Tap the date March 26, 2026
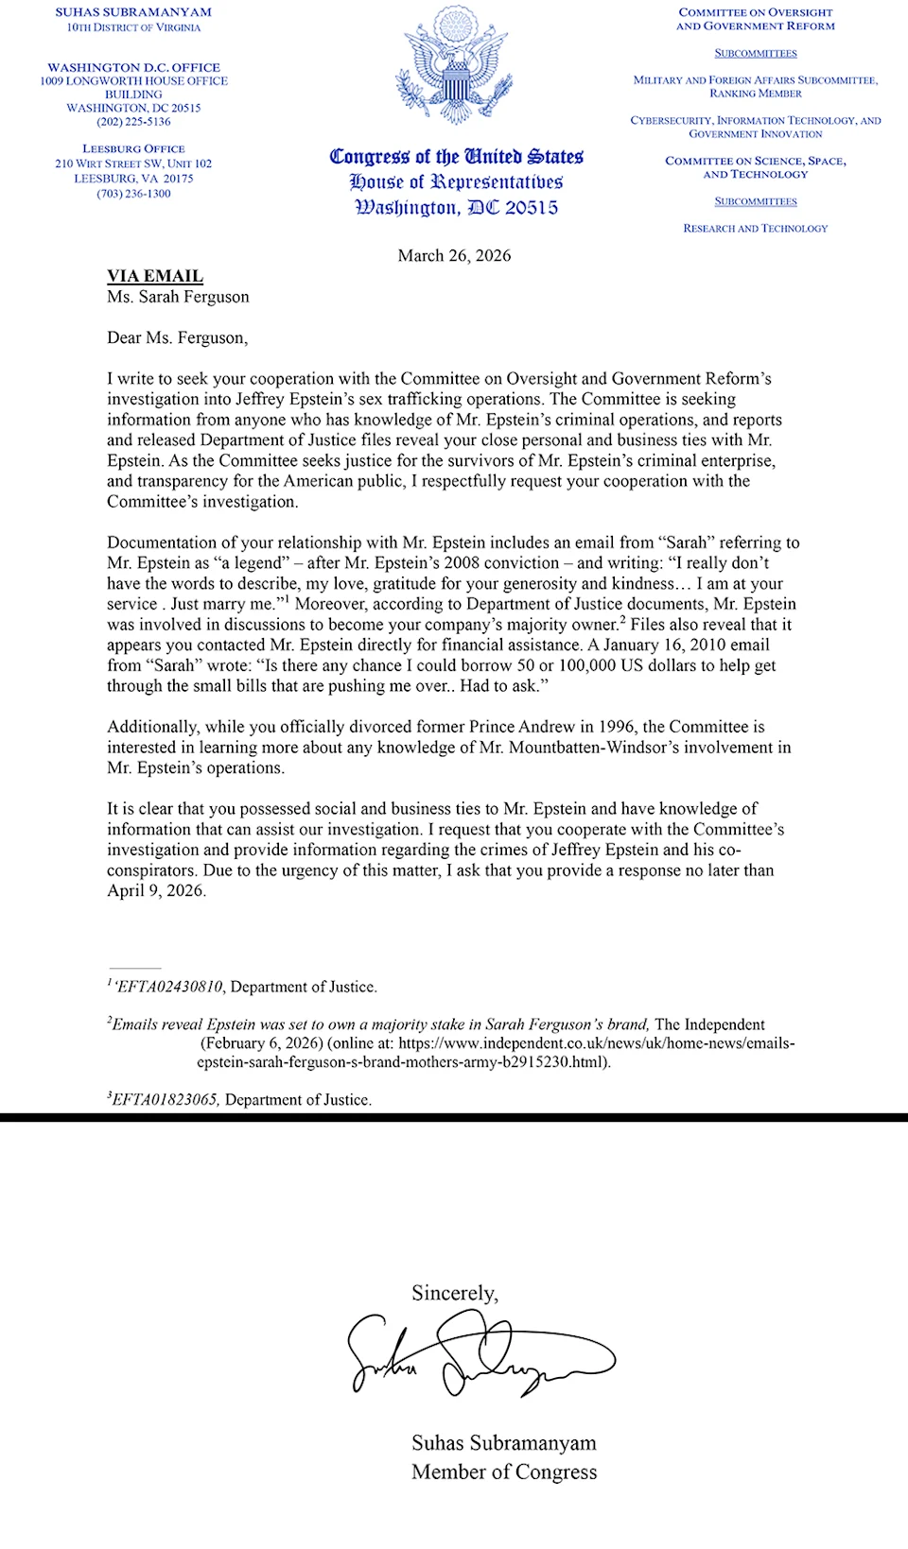point(454,255)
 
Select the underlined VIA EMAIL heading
point(155,276)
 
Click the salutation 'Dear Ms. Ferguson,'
point(178,337)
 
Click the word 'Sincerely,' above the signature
point(455,1293)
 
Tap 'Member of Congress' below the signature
point(504,1472)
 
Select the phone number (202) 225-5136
point(133,122)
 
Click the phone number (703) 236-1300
point(133,194)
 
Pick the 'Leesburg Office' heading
point(133,149)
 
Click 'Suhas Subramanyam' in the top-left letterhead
point(133,12)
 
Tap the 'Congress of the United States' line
point(456,157)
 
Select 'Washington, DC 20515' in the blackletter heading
point(456,208)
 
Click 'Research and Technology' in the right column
point(755,229)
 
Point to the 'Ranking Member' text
point(755,94)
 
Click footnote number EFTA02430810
point(169,987)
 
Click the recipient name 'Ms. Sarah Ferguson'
point(178,297)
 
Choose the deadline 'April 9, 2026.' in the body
point(156,890)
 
